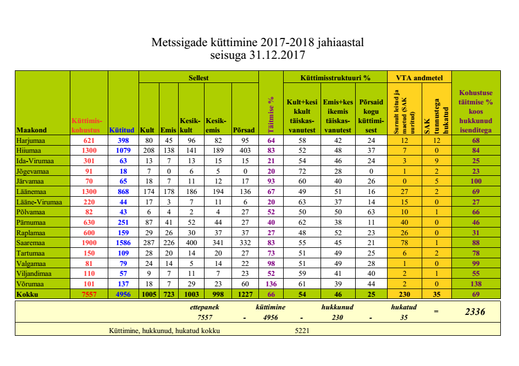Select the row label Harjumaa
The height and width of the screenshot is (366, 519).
31,141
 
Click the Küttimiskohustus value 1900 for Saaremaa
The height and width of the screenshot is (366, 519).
89,243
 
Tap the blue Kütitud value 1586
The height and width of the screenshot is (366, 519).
123,243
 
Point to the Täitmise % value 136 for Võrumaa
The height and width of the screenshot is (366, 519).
270,284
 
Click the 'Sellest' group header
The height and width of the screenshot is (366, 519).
198,77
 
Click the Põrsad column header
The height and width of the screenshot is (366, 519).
244,130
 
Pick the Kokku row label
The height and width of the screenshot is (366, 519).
28,295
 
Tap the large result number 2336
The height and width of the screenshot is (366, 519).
474,312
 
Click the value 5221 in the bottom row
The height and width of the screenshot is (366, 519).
303,330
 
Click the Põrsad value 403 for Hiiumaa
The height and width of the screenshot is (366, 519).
244,151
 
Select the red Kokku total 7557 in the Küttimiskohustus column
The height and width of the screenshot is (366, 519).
89,295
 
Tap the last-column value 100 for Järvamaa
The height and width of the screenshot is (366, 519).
476,182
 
